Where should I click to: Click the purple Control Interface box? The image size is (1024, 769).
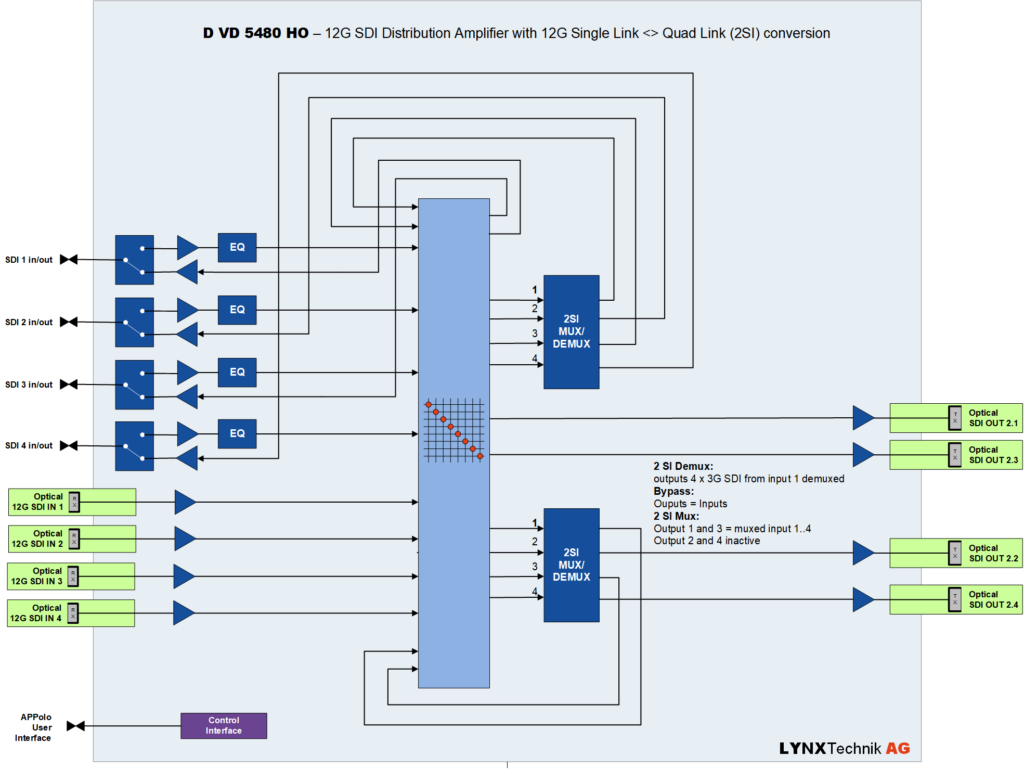pyautogui.click(x=223, y=725)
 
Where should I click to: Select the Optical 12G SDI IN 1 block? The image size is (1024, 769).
pyautogui.click(x=71, y=502)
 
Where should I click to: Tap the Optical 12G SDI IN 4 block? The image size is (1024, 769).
pyautogui.click(x=71, y=613)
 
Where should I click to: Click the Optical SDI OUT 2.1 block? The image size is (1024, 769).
pyautogui.click(x=956, y=418)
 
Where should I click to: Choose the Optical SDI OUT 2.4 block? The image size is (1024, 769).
pyautogui.click(x=956, y=599)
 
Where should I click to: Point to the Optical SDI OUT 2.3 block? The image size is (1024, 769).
pyautogui.click(x=956, y=455)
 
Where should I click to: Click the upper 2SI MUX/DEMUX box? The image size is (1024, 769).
pyautogui.click(x=571, y=331)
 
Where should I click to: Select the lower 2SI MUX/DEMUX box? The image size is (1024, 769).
pyautogui.click(x=571, y=565)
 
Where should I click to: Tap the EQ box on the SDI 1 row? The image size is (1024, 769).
pyautogui.click(x=237, y=247)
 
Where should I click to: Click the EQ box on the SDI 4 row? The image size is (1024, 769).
pyautogui.click(x=237, y=434)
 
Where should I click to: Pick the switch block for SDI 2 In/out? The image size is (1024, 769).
pyautogui.click(x=134, y=322)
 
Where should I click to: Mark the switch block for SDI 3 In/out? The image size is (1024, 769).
pyautogui.click(x=134, y=384)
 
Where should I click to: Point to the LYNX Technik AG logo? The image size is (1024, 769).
pyautogui.click(x=844, y=748)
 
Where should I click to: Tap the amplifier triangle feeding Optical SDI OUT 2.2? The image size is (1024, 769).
pyautogui.click(x=863, y=552)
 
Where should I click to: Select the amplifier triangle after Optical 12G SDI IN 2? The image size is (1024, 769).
pyautogui.click(x=185, y=539)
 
